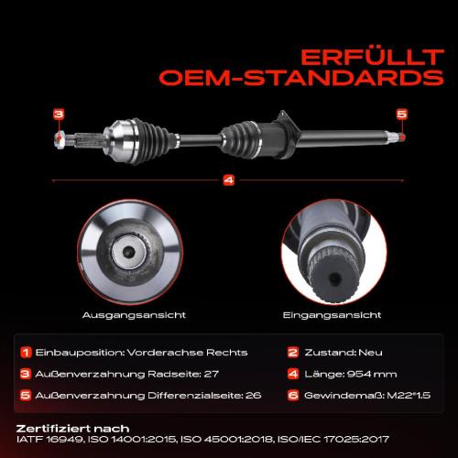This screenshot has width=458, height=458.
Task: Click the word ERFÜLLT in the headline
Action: (x=372, y=58)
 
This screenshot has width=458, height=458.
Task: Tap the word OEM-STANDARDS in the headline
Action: (x=301, y=78)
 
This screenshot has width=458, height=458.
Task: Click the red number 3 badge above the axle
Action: (x=59, y=114)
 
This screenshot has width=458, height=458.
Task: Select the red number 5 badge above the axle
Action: (x=402, y=114)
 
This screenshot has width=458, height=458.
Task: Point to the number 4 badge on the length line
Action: (x=229, y=180)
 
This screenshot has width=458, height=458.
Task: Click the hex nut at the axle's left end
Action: (x=60, y=140)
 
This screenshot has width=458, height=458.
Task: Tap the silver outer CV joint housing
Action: (x=121, y=140)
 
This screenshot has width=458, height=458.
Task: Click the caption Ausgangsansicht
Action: (x=134, y=315)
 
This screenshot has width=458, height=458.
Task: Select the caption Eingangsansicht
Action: (x=332, y=315)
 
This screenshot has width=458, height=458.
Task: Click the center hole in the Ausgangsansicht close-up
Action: (x=129, y=252)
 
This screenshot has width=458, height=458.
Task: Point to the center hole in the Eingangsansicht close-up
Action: (x=335, y=278)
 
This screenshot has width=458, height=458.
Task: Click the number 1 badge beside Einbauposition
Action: (x=26, y=352)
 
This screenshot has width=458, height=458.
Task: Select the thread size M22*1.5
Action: (x=409, y=396)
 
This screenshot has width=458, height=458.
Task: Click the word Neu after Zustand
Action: (x=370, y=353)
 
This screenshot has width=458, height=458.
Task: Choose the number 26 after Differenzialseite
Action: (x=254, y=396)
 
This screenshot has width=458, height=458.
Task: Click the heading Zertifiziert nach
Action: (x=72, y=429)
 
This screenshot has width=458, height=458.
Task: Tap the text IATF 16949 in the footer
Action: (x=49, y=440)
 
